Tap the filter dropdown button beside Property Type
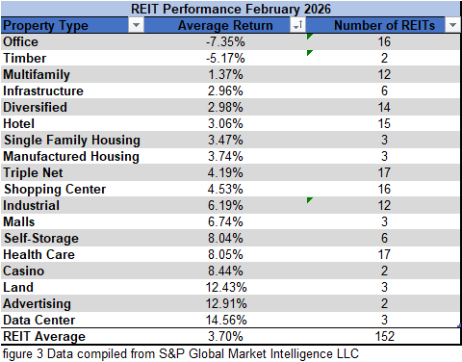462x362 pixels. (135, 26)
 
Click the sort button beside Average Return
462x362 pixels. (297, 26)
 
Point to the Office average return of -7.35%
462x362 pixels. (225, 42)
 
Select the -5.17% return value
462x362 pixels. (225, 59)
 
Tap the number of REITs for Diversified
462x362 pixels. (384, 108)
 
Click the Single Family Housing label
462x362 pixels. (71, 141)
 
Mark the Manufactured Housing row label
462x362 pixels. (71, 157)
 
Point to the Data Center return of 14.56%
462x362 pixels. (225, 321)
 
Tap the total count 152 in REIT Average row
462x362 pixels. (384, 337)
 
